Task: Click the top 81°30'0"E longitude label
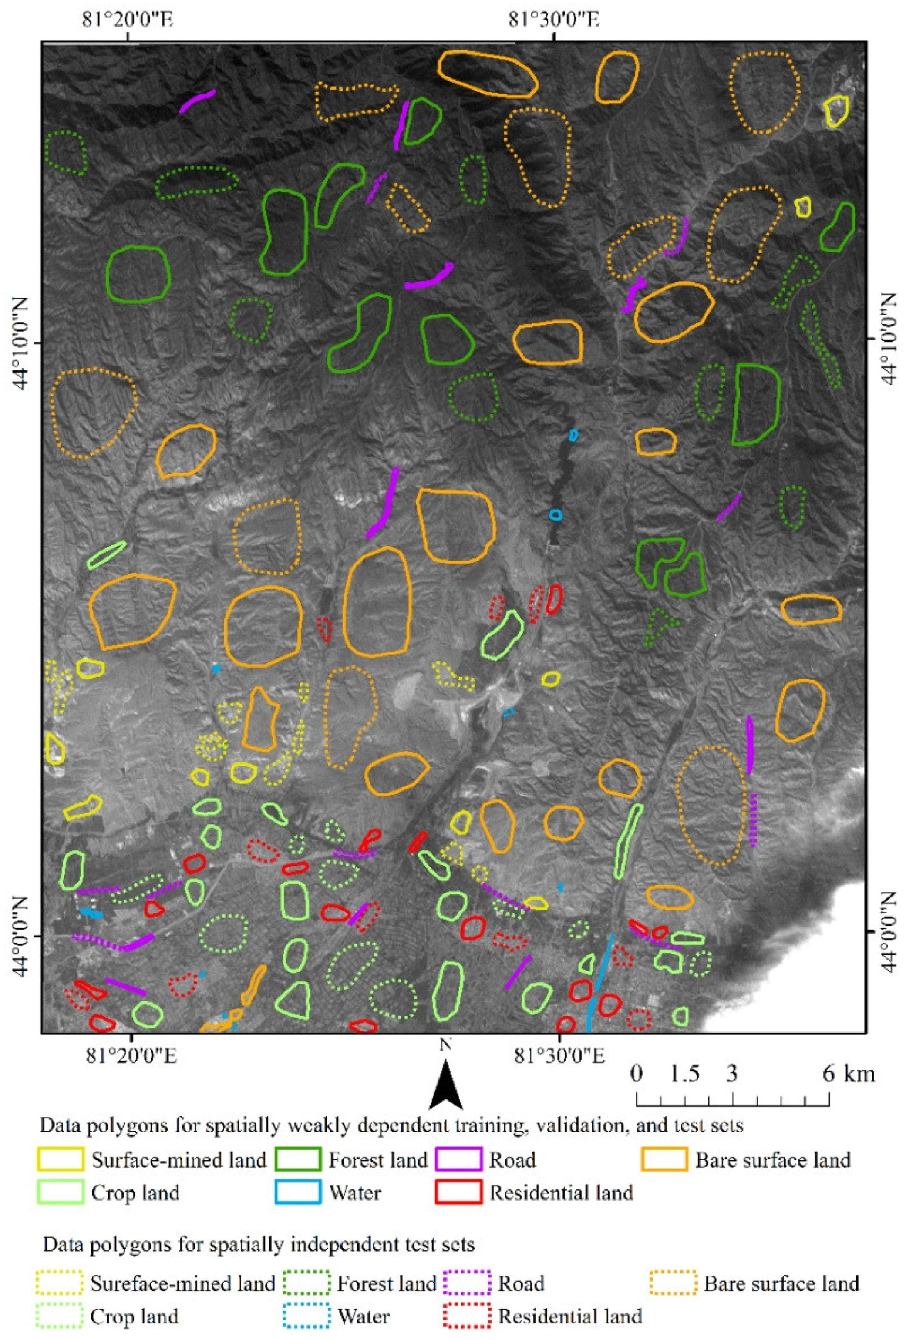pyautogui.click(x=554, y=20)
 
